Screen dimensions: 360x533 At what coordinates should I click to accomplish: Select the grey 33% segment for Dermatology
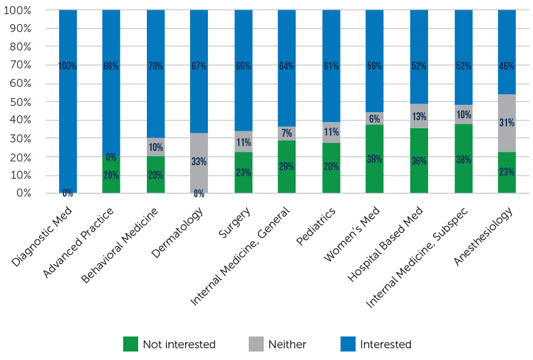pyautogui.click(x=199, y=163)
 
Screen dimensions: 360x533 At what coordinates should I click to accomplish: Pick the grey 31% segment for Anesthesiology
pyautogui.click(x=506, y=123)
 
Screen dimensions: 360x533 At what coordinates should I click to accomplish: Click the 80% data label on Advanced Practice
pyautogui.click(x=111, y=66)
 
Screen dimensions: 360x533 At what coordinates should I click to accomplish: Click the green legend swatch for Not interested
pyautogui.click(x=130, y=344)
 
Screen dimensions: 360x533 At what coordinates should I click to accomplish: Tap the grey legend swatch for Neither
pyautogui.click(x=255, y=344)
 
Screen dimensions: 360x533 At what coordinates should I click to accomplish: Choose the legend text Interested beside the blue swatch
pyautogui.click(x=386, y=345)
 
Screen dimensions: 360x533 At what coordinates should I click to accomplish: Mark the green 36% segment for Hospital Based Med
pyautogui.click(x=419, y=160)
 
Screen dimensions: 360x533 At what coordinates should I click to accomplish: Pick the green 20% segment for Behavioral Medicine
pyautogui.click(x=155, y=174)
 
